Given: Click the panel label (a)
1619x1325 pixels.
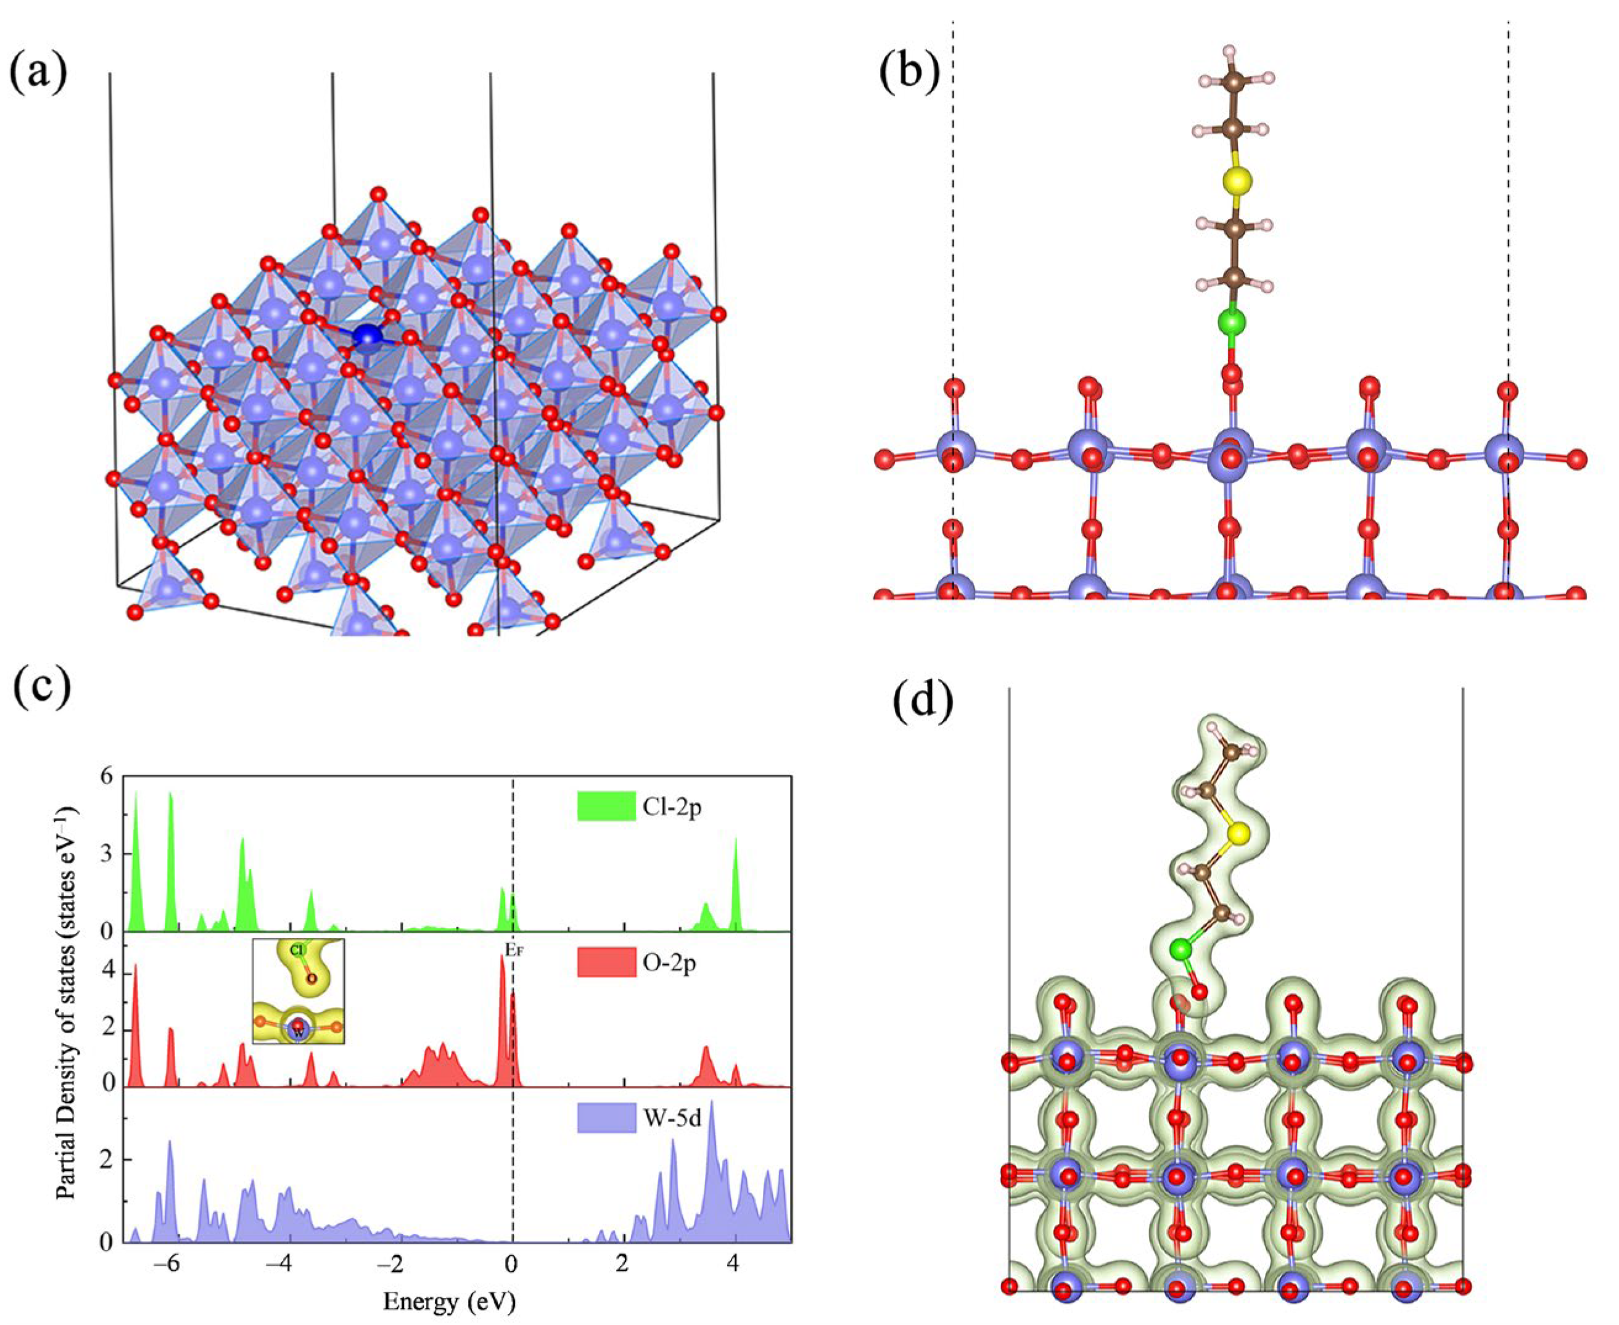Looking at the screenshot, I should tap(38, 73).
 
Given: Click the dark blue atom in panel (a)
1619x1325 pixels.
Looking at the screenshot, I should tap(368, 336).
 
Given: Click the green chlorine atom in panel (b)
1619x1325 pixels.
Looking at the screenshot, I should tap(1231, 322).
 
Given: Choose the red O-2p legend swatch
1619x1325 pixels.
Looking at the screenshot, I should tap(606, 962).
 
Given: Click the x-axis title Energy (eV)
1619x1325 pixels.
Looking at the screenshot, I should tap(449, 1300).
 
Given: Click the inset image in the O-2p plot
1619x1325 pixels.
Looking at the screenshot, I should tap(298, 1001).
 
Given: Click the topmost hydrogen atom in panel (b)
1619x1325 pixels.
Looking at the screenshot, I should tap(1229, 31).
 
